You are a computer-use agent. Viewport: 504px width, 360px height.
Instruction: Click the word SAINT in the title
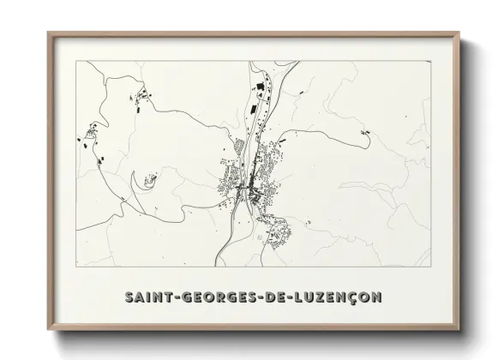[148, 297]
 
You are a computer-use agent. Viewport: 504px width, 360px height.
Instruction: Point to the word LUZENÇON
[339, 297]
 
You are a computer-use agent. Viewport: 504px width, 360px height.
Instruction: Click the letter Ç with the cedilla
[354, 298]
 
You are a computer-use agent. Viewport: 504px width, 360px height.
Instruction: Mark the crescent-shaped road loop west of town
[135, 181]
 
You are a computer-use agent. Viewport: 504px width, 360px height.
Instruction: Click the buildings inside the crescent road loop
[152, 179]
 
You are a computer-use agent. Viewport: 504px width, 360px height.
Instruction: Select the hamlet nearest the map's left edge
[89, 135]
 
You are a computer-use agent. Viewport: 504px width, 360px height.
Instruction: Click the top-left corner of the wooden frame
[49, 34]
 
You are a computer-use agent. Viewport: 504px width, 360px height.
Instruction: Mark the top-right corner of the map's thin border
[429, 62]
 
